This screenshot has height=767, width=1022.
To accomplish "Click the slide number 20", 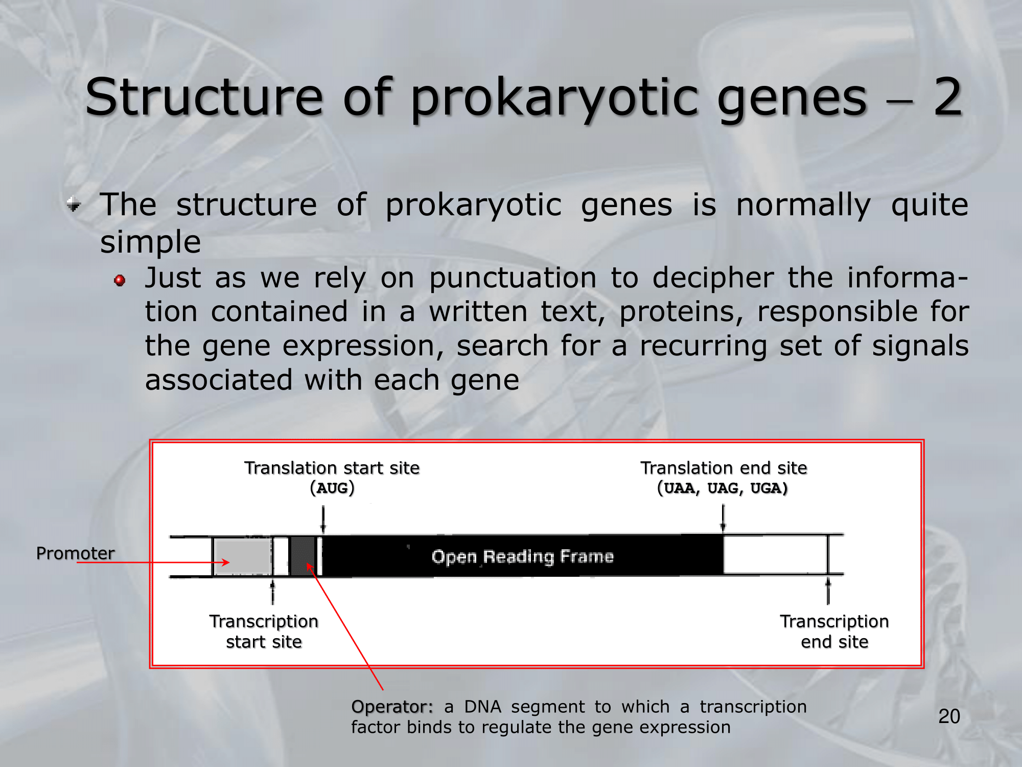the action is tap(949, 716).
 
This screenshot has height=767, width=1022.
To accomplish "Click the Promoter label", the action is tap(76, 553).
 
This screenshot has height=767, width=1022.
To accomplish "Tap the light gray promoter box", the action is tap(242, 556).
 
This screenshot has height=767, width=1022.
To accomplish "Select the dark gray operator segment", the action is tap(303, 556).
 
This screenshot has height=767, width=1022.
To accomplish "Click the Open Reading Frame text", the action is tap(522, 556).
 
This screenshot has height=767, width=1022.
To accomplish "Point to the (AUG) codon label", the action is tap(332, 488).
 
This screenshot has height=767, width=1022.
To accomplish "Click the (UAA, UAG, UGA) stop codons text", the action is tap(723, 488).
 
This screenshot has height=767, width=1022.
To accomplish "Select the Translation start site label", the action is tap(332, 468).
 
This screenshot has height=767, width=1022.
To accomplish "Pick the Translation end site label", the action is tap(724, 468).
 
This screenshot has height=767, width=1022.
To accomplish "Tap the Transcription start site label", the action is tap(264, 631).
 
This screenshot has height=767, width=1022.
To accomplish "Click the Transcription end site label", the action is tap(834, 631).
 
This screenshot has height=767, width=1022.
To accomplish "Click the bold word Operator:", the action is tap(392, 707).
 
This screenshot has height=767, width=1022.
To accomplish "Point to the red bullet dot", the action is tap(120, 280).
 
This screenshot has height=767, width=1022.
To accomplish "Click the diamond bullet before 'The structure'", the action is tap(74, 205).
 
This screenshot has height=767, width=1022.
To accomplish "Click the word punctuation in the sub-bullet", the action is tap(513, 279).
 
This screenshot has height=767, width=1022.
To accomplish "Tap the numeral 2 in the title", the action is tap(948, 96).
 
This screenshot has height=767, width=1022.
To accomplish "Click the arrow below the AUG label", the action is tap(323, 520).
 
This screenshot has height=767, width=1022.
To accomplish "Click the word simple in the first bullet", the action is tap(150, 242).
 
